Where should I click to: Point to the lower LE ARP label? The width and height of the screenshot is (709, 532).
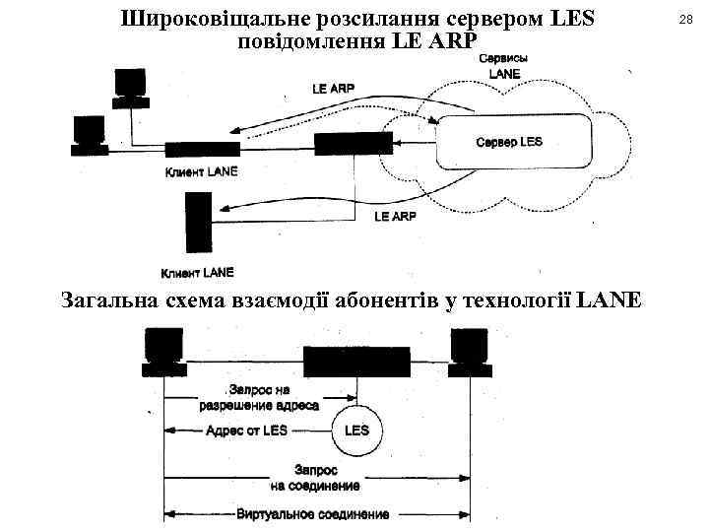pos(395,216)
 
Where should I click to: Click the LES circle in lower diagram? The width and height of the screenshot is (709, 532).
pos(356,431)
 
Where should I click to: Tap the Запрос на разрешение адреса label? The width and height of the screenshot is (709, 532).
pos(259,397)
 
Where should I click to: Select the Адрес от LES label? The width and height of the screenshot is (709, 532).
pos(247,431)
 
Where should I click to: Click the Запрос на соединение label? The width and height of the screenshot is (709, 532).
pos(315,477)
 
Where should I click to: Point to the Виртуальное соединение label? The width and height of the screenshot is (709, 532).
pos(313,514)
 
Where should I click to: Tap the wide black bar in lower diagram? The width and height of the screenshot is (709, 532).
pos(355,363)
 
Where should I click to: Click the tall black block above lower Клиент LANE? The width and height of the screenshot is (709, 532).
pos(197,224)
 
